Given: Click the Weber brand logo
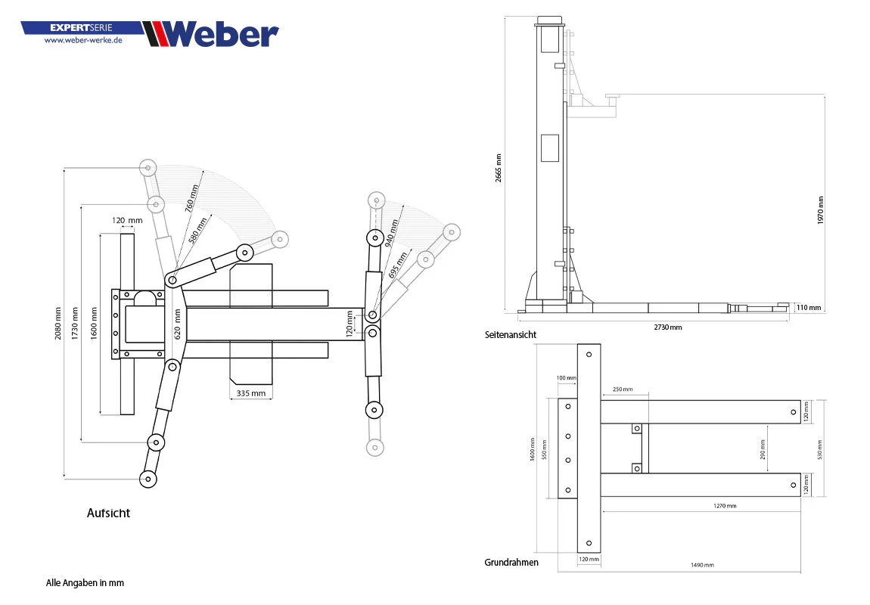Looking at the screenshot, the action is pyautogui.click(x=211, y=34).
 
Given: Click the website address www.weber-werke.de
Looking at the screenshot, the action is pyautogui.click(x=83, y=40).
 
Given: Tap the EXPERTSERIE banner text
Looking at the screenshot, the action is pyautogui.click(x=81, y=27).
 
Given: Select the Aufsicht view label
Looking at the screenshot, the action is pyautogui.click(x=108, y=513).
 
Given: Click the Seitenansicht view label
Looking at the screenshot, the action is pyautogui.click(x=511, y=334).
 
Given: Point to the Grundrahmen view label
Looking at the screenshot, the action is pyautogui.click(x=511, y=563).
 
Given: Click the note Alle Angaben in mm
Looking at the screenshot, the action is pyautogui.click(x=85, y=583).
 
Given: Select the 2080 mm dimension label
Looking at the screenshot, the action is pyautogui.click(x=57, y=324).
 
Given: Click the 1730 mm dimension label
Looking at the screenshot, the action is pyautogui.click(x=75, y=324).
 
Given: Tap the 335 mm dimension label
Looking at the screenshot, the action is pyautogui.click(x=251, y=393).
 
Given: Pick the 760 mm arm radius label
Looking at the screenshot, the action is pyautogui.click(x=191, y=199).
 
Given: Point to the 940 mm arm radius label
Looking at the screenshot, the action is pyautogui.click(x=392, y=234).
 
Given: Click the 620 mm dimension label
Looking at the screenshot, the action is pyautogui.click(x=178, y=324).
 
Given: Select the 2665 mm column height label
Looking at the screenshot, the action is pyautogui.click(x=499, y=168).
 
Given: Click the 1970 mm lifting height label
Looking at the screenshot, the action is pyautogui.click(x=821, y=210).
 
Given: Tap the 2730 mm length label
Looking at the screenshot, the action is pyautogui.click(x=668, y=327).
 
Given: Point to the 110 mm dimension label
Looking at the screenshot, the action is pyautogui.click(x=809, y=308).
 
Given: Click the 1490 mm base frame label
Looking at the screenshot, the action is pyautogui.click(x=703, y=565).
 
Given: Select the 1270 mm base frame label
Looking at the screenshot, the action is pyautogui.click(x=726, y=506).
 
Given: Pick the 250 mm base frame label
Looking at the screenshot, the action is pyautogui.click(x=623, y=389).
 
